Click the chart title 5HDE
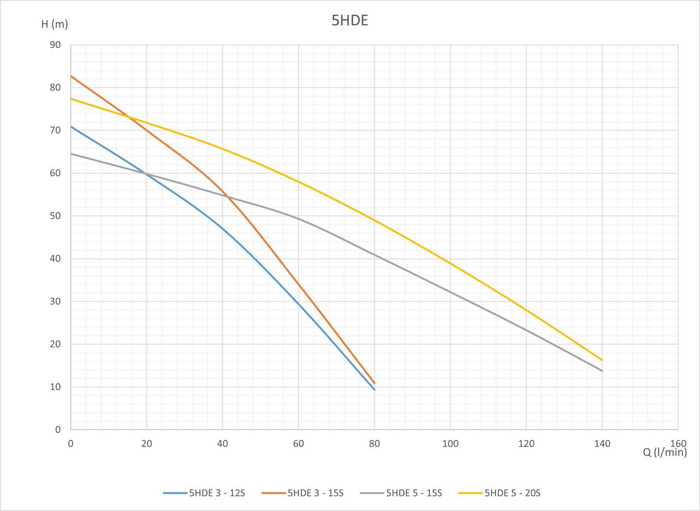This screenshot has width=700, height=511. pyautogui.click(x=350, y=21)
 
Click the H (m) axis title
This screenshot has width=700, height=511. pyautogui.click(x=54, y=24)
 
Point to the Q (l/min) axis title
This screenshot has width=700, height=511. pyautogui.click(x=664, y=452)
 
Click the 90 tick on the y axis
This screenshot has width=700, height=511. pyautogui.click(x=55, y=45)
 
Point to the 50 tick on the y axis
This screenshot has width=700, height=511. pyautogui.click(x=55, y=216)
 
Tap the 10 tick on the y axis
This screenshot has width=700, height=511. pyautogui.click(x=55, y=387)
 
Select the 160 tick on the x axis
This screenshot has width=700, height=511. pyautogui.click(x=678, y=444)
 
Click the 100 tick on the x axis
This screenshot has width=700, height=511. pyautogui.click(x=450, y=444)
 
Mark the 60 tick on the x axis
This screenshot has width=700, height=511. pyautogui.click(x=299, y=444)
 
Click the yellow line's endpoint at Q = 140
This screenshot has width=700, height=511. pyautogui.click(x=602, y=360)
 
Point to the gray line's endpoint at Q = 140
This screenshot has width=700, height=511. pyautogui.click(x=602, y=371)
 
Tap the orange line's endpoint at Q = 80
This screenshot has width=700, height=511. pyautogui.click(x=375, y=383)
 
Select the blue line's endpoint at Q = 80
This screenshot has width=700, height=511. pyautogui.click(x=375, y=390)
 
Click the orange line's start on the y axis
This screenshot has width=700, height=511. pyautogui.click(x=71, y=76)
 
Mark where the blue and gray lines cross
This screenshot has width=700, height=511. pyautogui.click(x=147, y=174)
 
